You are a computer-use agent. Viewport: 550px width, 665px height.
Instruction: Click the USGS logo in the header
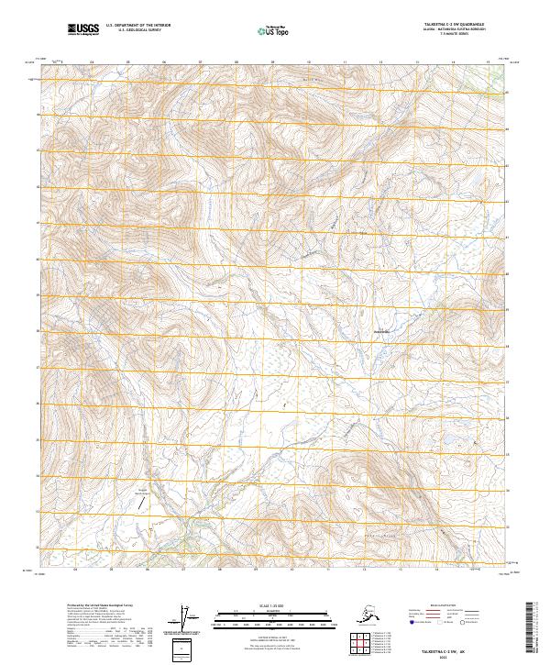point(83,30)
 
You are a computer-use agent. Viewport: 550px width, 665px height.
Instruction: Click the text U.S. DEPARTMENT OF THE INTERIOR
point(138,28)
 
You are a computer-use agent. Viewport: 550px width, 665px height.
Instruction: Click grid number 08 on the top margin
point(236,61)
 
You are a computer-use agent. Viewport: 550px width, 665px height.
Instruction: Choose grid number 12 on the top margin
point(379,61)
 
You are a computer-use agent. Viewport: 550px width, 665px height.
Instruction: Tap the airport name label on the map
point(142,493)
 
